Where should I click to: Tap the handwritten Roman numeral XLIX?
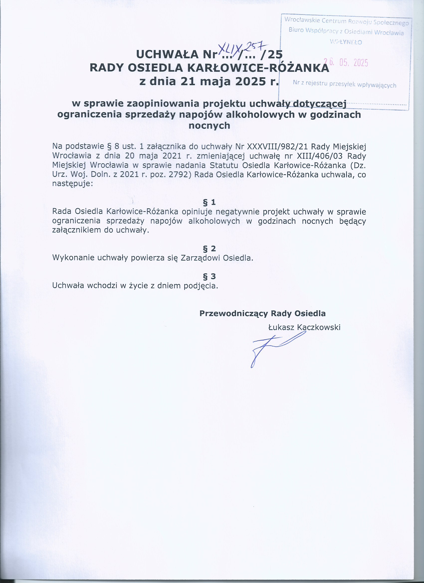click(x=230, y=47)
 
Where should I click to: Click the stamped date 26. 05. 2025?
click(x=346, y=62)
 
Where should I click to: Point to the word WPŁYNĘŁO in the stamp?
click(x=346, y=42)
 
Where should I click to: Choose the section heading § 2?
click(x=209, y=249)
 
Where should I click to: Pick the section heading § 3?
click(x=209, y=276)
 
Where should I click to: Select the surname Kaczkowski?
click(x=318, y=327)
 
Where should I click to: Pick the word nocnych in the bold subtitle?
click(x=209, y=126)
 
